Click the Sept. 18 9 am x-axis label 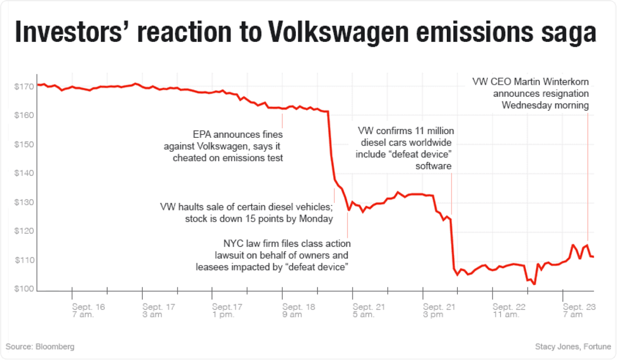click(298, 311)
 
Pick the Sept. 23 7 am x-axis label click(579, 311)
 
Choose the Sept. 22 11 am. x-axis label click(509, 311)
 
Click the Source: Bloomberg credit click(40, 347)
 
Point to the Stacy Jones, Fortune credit click(573, 347)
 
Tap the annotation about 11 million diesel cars click(405, 148)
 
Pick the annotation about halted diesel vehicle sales click(247, 213)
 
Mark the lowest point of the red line click(534, 284)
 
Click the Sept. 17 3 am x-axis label click(159, 311)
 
